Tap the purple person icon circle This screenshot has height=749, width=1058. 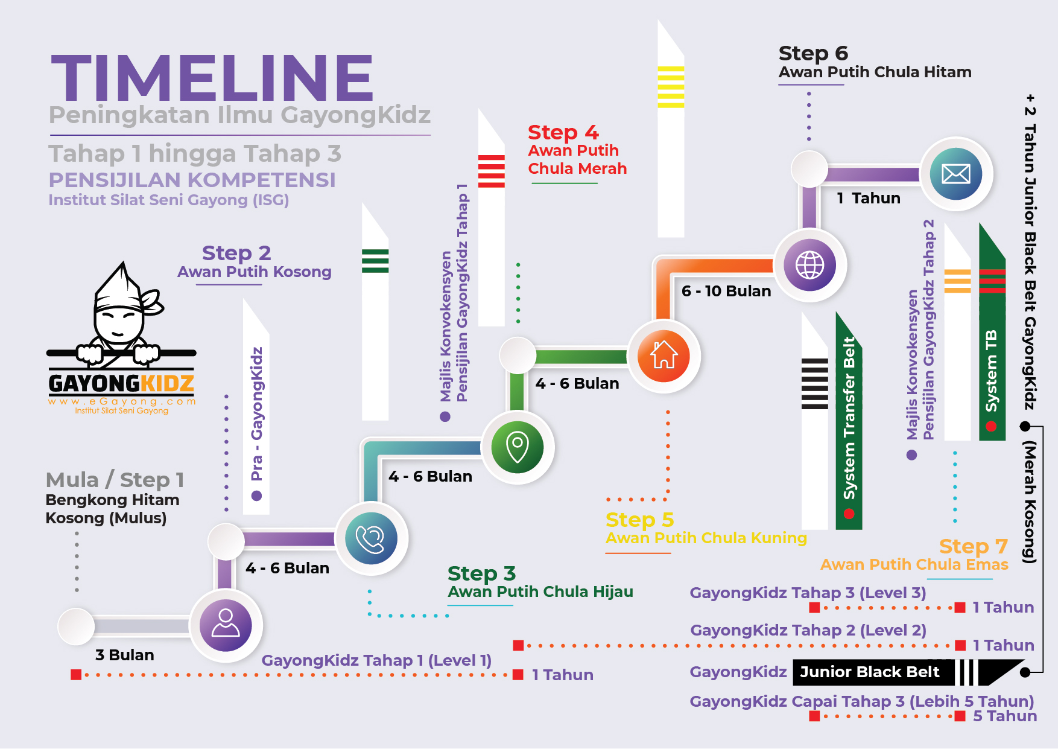[x=226, y=625]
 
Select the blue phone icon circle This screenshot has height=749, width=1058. [x=371, y=538]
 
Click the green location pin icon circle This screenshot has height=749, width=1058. [x=518, y=447]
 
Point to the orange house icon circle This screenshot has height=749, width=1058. [x=664, y=356]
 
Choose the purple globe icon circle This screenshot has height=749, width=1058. [x=810, y=265]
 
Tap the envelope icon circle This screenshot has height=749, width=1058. [x=956, y=174]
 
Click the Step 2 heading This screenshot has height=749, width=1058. [x=236, y=253]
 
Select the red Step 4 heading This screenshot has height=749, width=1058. [x=563, y=132]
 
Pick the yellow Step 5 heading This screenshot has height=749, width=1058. [x=639, y=520]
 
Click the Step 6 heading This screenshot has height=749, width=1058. [x=813, y=53]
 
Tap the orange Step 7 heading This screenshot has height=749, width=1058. [x=973, y=546]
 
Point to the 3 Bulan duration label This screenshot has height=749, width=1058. [x=125, y=655]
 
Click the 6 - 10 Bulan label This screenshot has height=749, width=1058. [x=726, y=291]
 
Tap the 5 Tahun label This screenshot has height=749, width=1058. [x=1005, y=716]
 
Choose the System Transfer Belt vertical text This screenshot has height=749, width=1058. [x=849, y=418]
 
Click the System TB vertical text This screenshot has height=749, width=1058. [x=991, y=371]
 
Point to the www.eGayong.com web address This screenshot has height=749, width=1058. [x=122, y=401]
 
